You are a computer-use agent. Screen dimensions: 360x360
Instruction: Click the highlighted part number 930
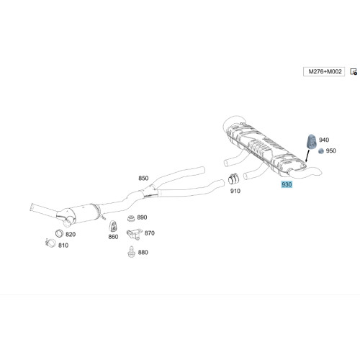(287, 184)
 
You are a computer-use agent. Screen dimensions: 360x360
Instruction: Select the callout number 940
(324, 140)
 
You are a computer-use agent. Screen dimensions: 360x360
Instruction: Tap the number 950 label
(331, 150)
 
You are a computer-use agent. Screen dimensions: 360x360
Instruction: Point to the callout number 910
(235, 191)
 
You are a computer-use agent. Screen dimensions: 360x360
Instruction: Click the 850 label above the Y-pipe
(143, 178)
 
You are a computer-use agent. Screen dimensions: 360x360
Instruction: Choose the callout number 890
(142, 217)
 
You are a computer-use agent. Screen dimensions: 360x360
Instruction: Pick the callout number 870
(150, 233)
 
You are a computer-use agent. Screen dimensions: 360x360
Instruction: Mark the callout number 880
(143, 252)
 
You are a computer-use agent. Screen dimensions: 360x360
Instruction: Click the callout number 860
(113, 237)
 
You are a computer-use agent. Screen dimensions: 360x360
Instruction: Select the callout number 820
(71, 234)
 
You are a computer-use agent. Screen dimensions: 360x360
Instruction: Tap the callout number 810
(63, 246)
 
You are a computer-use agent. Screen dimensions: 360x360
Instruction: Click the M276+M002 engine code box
(324, 71)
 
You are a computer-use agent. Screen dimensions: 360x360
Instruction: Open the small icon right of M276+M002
(354, 71)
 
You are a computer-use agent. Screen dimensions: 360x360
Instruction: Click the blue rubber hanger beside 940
(312, 142)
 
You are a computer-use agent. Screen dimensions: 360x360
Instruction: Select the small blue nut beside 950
(321, 151)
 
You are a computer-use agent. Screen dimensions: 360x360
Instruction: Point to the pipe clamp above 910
(233, 179)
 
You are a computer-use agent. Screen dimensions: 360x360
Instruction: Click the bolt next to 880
(131, 252)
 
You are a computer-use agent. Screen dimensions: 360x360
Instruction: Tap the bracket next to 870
(132, 234)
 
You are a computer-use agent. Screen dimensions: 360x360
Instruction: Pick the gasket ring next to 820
(59, 233)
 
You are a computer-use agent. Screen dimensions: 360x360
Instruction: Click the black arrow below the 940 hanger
(307, 156)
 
